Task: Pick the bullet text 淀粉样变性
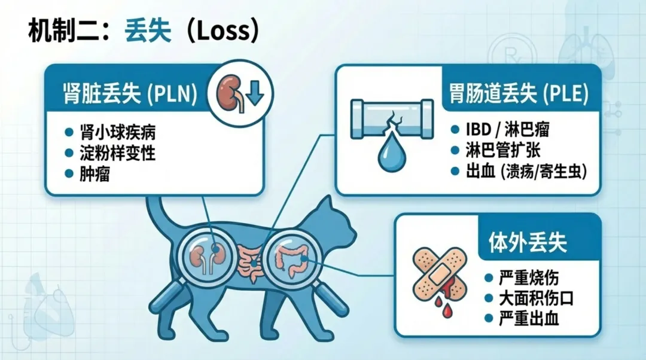click(x=118, y=153)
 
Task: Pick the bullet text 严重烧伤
click(x=529, y=277)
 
